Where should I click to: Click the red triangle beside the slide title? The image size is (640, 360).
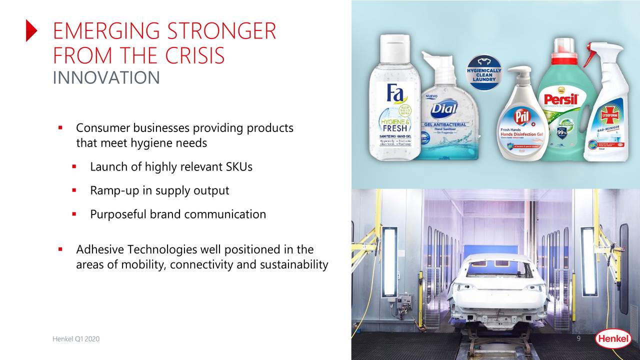click(x=31, y=31)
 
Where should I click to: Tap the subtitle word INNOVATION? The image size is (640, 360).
click(x=106, y=78)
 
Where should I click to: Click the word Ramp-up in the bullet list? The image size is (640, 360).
click(x=111, y=190)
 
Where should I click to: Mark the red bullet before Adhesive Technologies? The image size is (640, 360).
click(x=60, y=248)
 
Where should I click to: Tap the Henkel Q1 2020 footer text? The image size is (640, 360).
click(x=76, y=339)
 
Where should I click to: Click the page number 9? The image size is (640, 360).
click(x=578, y=339)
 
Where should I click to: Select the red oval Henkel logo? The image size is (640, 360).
click(x=612, y=339)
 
